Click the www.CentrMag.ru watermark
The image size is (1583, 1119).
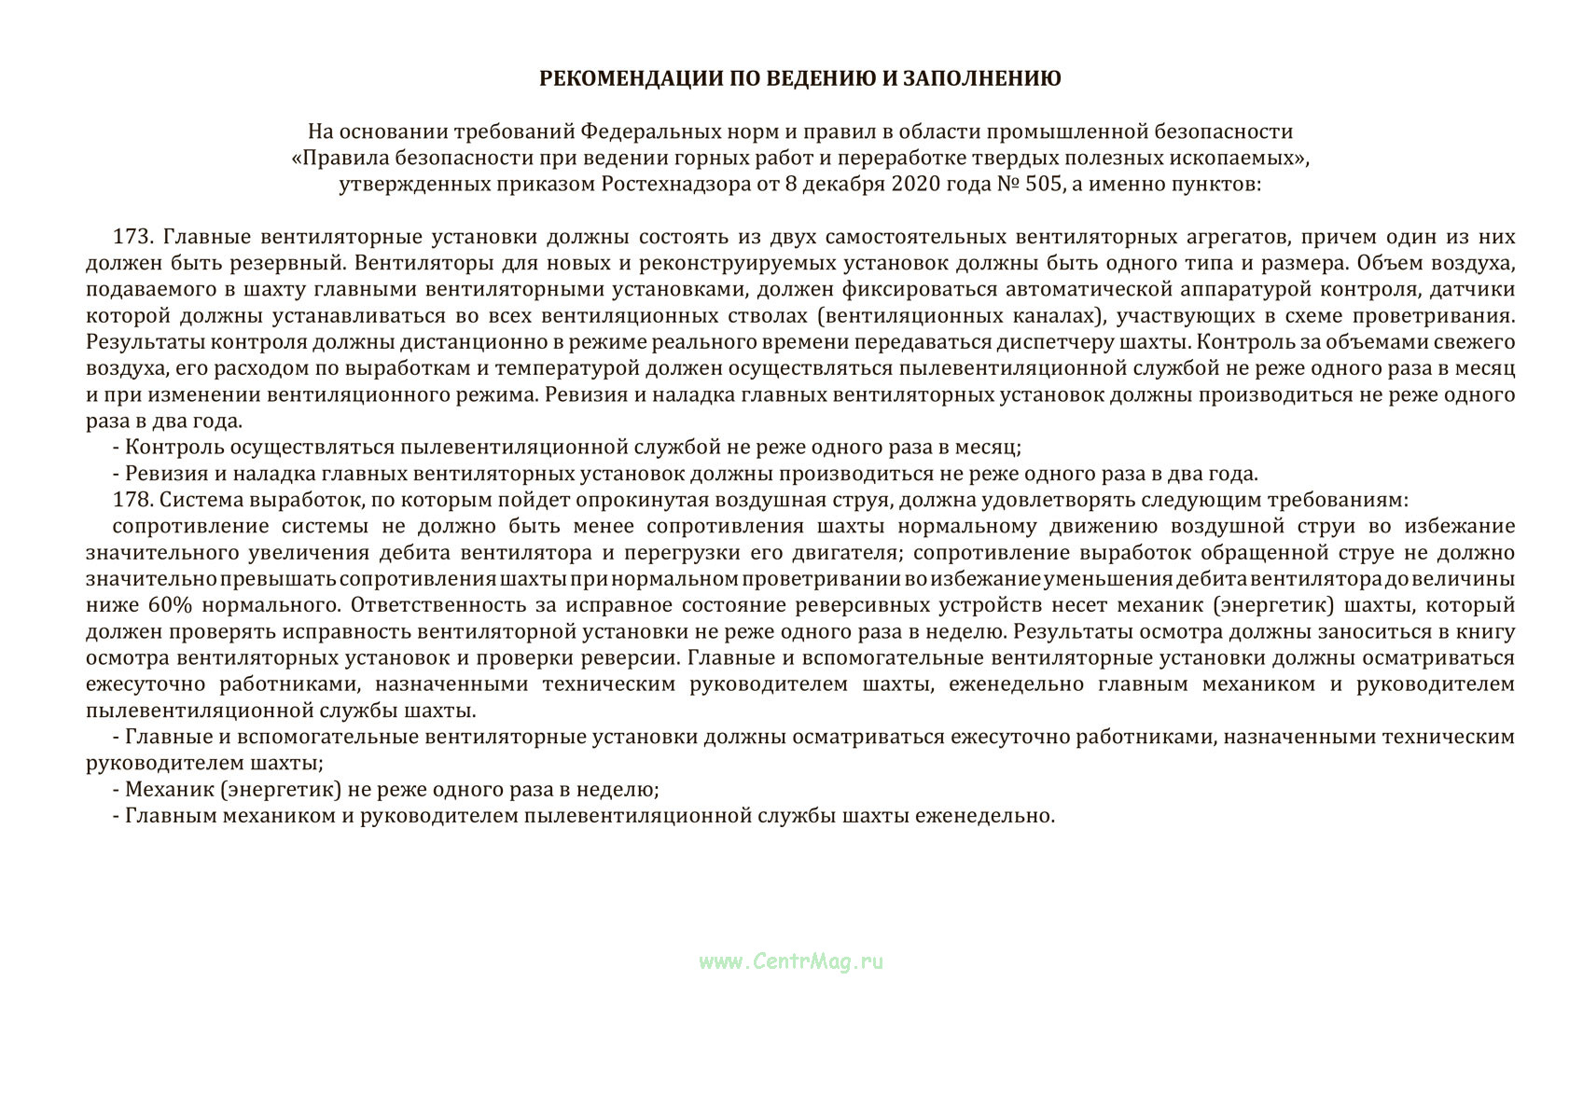[x=790, y=961]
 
